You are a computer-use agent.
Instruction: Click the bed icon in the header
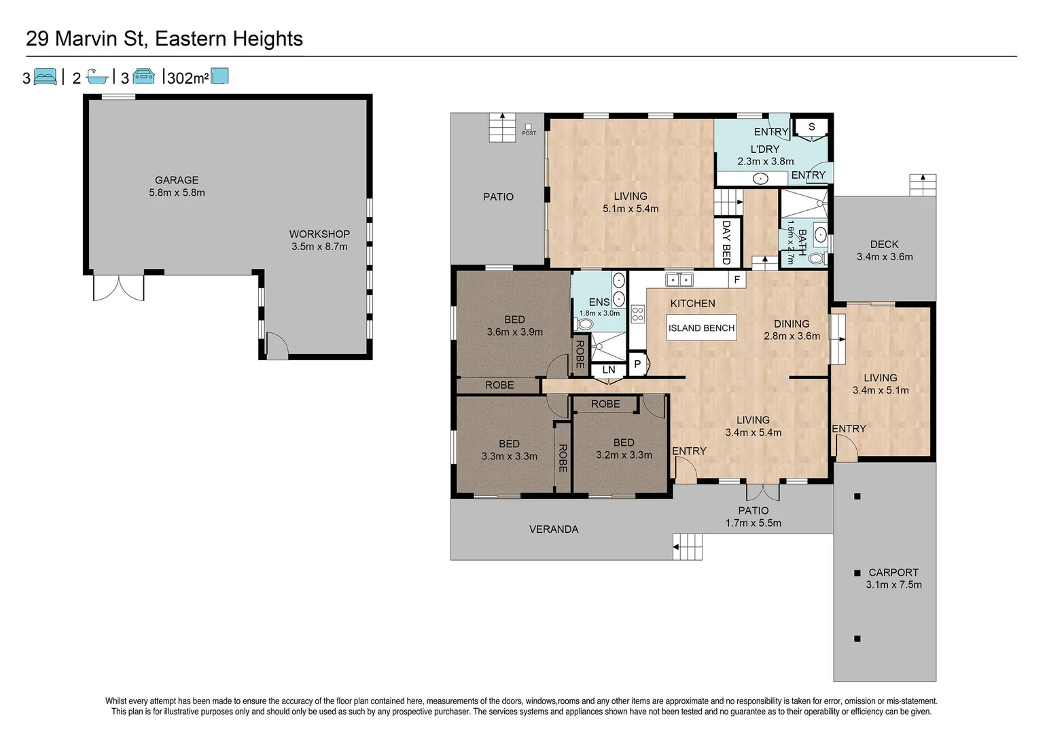tap(45, 76)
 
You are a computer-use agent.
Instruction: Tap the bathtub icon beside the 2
tap(97, 76)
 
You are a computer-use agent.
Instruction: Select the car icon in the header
tap(143, 76)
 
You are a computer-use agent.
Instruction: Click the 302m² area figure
tap(188, 78)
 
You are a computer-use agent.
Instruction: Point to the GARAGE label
tap(177, 180)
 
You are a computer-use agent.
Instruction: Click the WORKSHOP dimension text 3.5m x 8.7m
tap(319, 247)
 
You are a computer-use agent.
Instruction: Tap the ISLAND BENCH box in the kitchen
tap(701, 328)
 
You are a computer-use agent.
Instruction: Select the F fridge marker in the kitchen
tap(737, 279)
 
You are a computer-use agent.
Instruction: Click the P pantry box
tap(637, 364)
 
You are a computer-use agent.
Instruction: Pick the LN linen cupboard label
tap(609, 370)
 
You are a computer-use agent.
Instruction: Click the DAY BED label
tap(726, 242)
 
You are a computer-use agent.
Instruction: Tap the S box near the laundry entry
tap(811, 127)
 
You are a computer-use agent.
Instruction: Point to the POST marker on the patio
tap(529, 129)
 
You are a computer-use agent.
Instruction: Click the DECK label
tap(884, 244)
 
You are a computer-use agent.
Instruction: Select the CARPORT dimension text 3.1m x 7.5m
tap(893, 584)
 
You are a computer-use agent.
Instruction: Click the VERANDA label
tap(554, 529)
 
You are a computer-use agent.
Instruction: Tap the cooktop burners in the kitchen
tap(637, 314)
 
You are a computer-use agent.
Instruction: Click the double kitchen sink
tap(679, 279)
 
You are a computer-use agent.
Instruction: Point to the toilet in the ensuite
tap(584, 324)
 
